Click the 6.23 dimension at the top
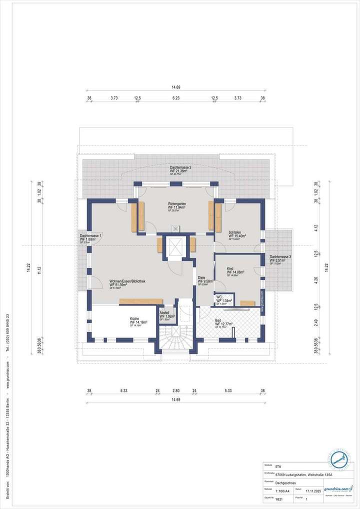pyautogui.click(x=175, y=98)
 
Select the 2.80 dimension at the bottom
pyautogui.click(x=175, y=390)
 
